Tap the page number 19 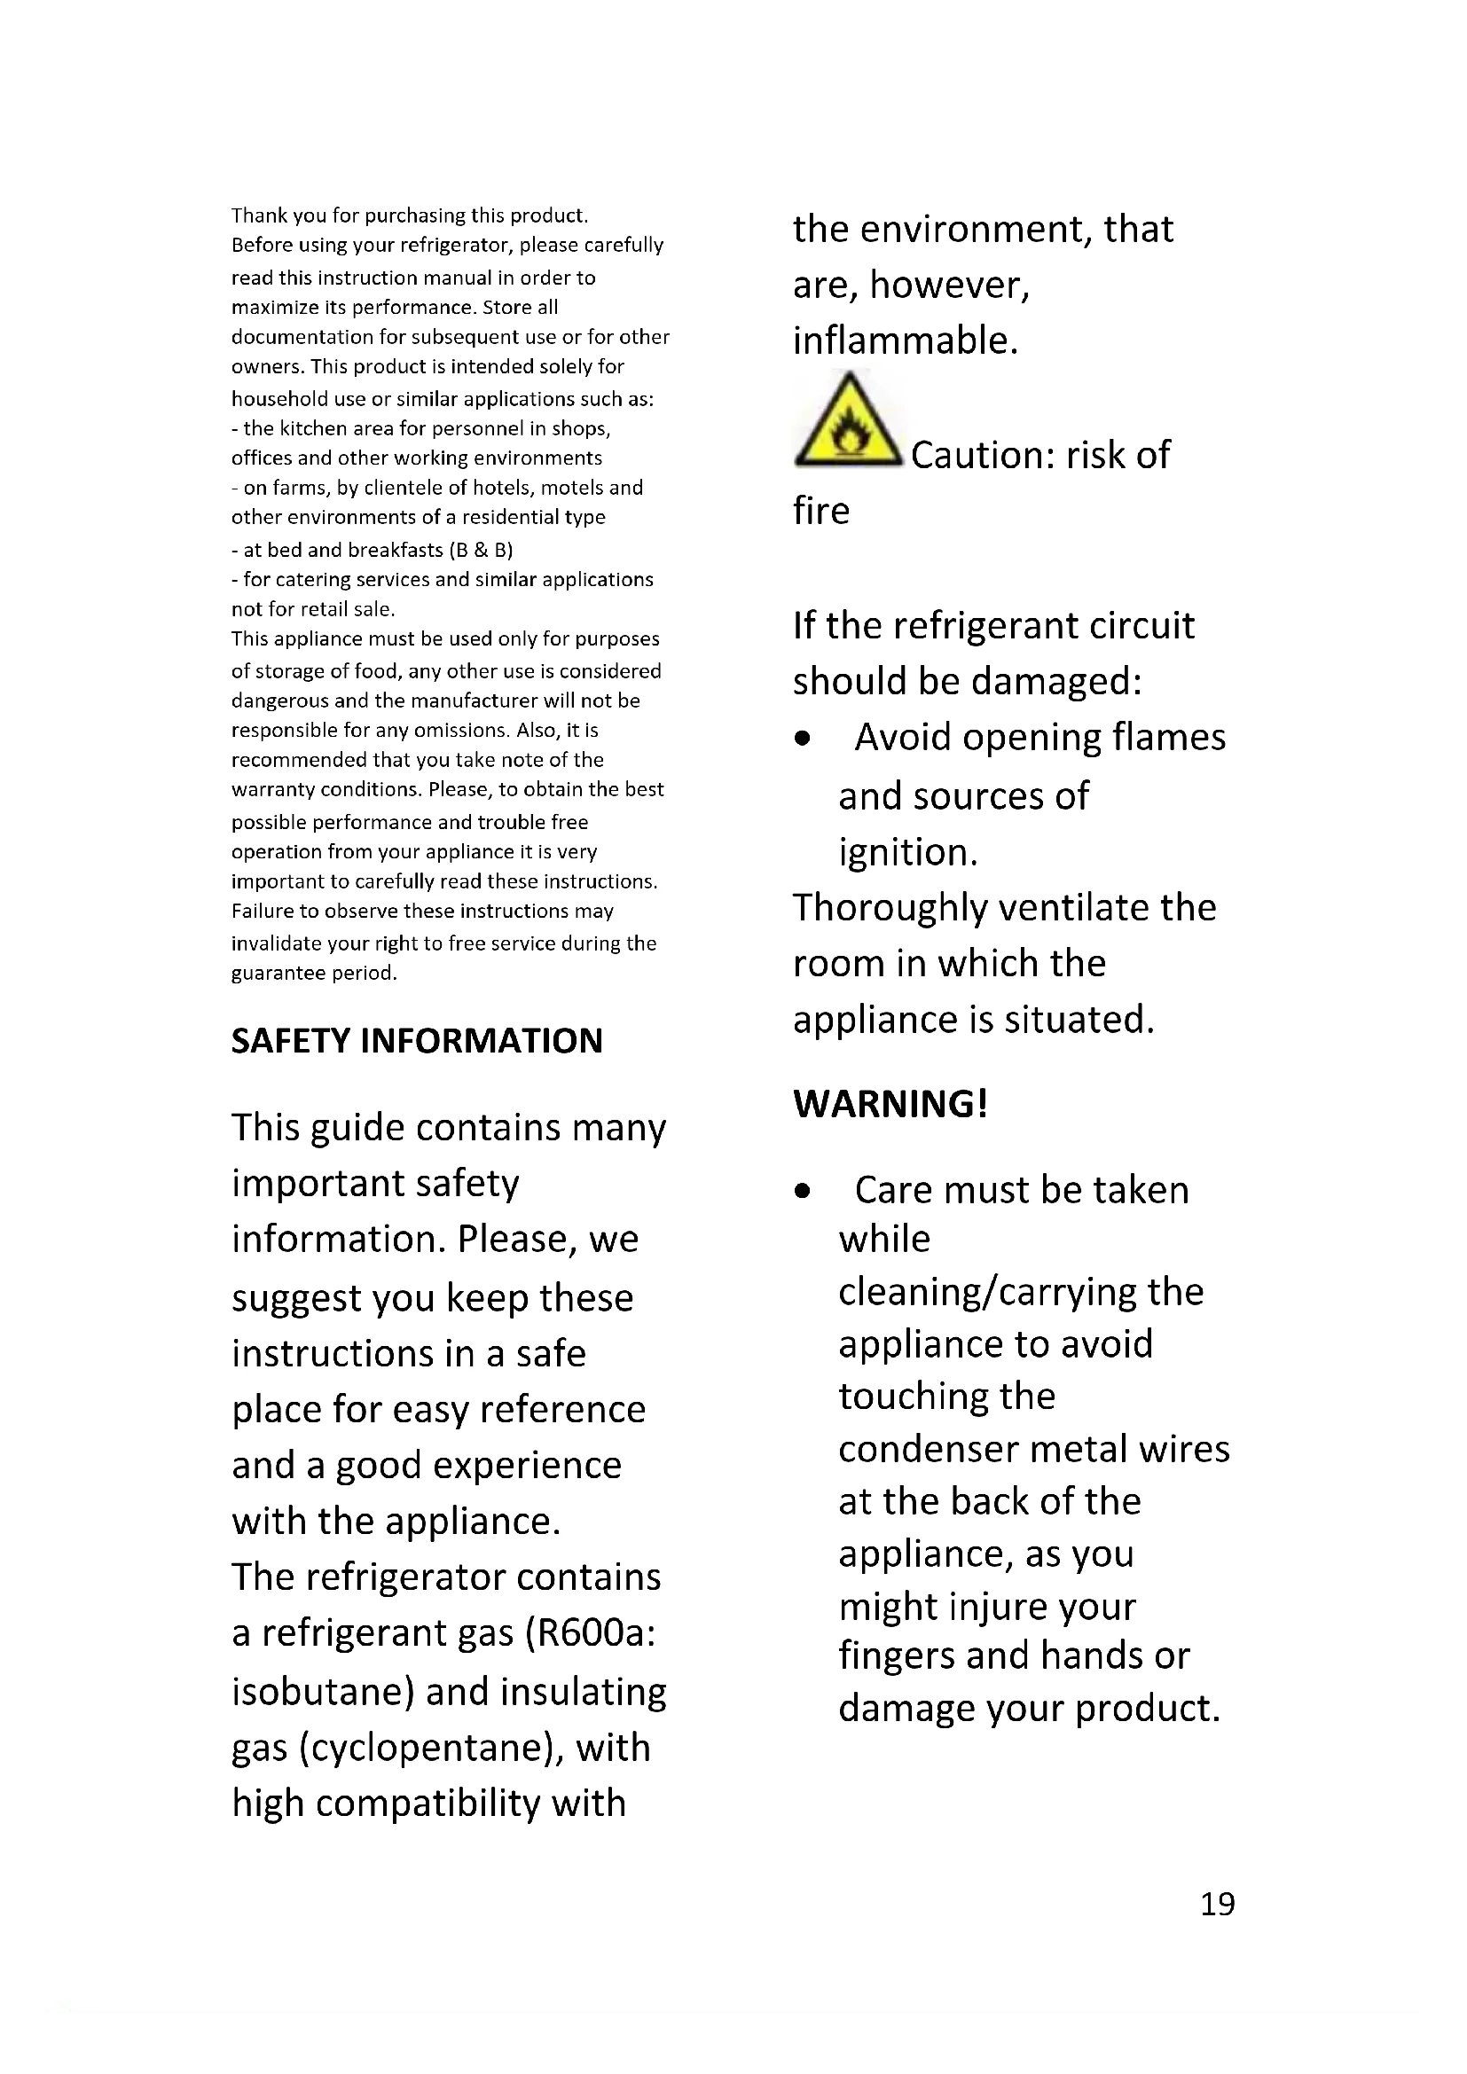pyautogui.click(x=1217, y=1904)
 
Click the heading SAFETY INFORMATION pyautogui.click(x=417, y=1041)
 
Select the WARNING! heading pyautogui.click(x=890, y=1104)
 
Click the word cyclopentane pyautogui.click(x=426, y=1747)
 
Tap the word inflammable pyautogui.click(x=906, y=341)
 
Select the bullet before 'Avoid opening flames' pyautogui.click(x=802, y=740)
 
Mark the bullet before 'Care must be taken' pyautogui.click(x=802, y=1193)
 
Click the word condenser pyautogui.click(x=928, y=1450)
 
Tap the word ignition pyautogui.click(x=907, y=853)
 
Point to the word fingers pyautogui.click(x=896, y=1655)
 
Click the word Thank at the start pyautogui.click(x=258, y=215)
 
